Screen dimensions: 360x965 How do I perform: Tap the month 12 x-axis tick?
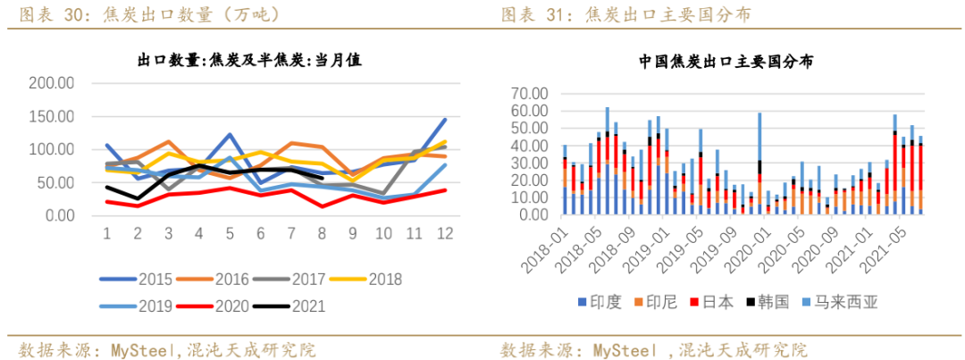(x=444, y=233)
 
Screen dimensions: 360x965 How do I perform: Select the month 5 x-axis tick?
(x=230, y=233)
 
